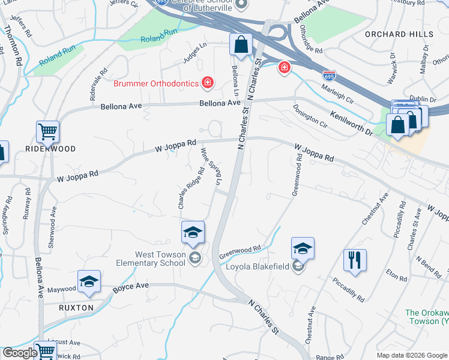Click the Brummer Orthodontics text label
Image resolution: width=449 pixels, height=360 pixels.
click(156, 83)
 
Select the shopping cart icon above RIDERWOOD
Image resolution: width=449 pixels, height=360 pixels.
click(47, 131)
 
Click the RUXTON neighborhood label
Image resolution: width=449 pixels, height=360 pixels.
click(76, 308)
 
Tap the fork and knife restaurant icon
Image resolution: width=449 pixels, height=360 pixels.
click(354, 260)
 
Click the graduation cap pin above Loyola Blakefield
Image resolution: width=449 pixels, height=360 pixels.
click(303, 248)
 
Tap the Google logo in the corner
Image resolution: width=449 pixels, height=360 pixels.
click(20, 353)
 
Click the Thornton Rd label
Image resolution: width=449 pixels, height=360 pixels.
click(13, 45)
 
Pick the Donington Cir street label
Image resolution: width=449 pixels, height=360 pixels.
click(310, 117)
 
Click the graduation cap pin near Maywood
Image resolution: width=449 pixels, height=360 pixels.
click(88, 281)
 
